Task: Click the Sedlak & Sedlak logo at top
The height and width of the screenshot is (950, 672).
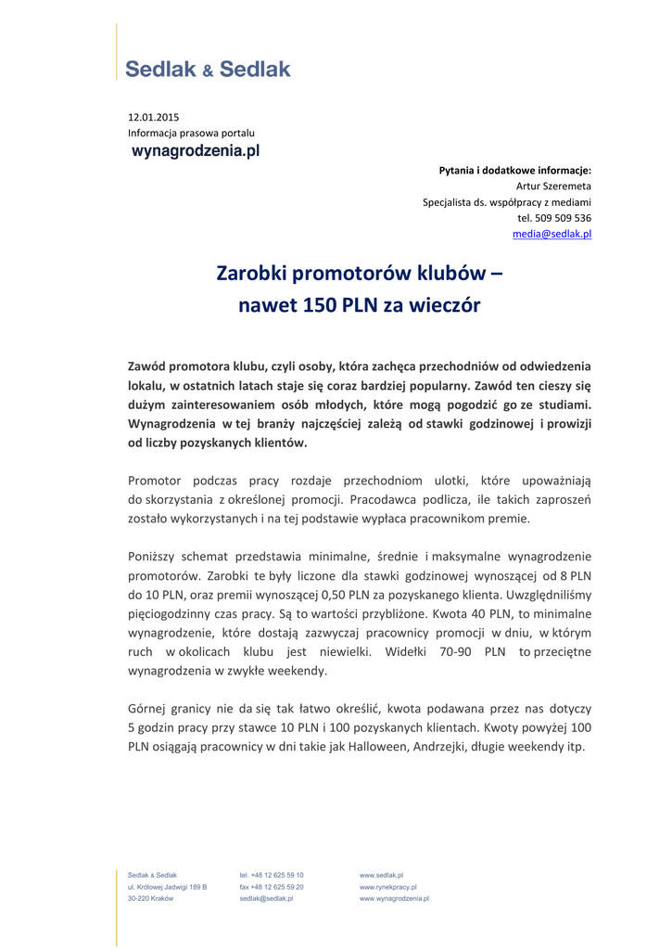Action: coord(208,69)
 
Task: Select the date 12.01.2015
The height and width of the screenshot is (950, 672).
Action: coord(153,117)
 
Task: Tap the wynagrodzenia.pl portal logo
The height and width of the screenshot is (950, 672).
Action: coord(195,150)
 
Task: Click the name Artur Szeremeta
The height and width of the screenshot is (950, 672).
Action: coord(553,186)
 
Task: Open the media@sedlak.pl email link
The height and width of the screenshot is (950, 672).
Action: coord(552,234)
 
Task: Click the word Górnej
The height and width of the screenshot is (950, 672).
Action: coord(147,708)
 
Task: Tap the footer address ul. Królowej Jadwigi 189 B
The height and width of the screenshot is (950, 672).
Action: coord(167,887)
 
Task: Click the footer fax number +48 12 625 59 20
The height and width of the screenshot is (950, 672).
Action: coord(272,887)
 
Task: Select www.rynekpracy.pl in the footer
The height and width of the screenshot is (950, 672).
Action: coord(387,887)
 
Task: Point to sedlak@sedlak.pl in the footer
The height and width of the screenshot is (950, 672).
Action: coord(266,899)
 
